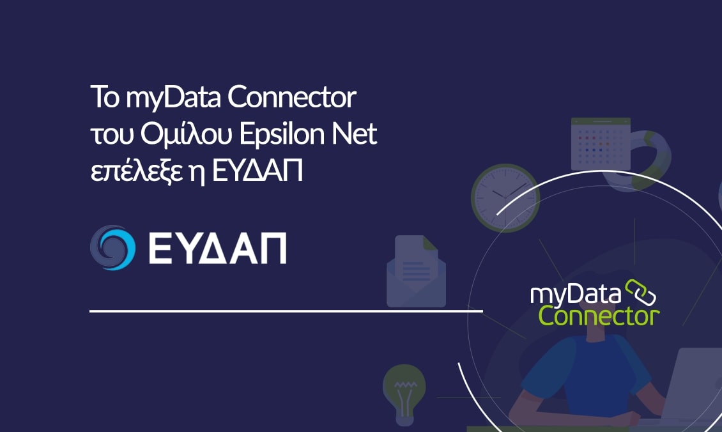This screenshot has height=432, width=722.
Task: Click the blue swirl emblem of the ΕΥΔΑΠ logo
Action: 112,247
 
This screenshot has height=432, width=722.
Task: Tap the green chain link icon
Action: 640,293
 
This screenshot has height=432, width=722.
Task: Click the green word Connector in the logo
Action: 598,314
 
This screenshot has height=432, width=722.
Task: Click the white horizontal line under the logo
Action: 286,311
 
